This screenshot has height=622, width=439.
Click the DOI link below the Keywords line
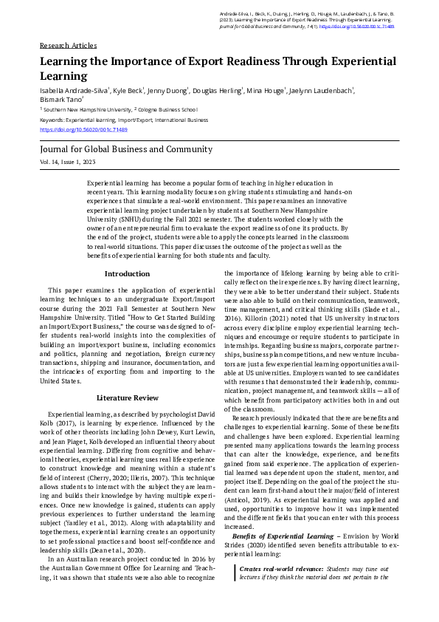pyautogui.click(x=83, y=129)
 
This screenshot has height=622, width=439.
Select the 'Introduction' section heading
pyautogui.click(x=127, y=273)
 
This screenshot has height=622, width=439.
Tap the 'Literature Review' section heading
pyautogui.click(x=127, y=397)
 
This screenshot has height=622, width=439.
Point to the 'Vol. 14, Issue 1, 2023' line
pyautogui.click(x=69, y=161)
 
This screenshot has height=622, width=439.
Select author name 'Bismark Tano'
pyautogui.click(x=61, y=98)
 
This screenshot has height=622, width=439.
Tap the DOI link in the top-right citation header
pyautogui.click(x=361, y=25)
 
